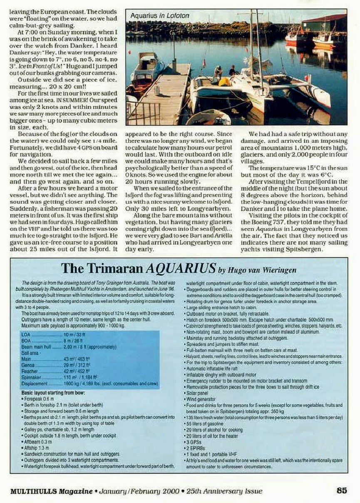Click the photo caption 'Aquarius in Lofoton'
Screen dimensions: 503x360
point(159,16)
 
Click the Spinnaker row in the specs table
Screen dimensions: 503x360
point(62,377)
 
